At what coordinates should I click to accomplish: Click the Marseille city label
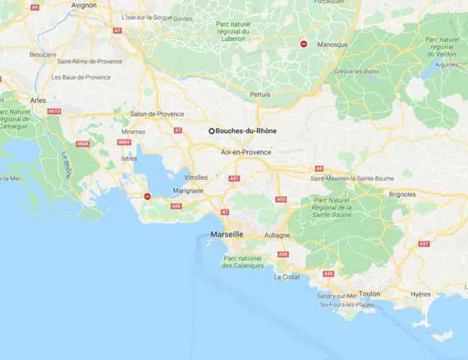tap(227, 234)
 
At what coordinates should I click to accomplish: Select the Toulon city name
tap(369, 293)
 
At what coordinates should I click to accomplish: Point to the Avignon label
tap(84, 5)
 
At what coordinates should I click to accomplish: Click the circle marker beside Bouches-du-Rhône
tap(211, 130)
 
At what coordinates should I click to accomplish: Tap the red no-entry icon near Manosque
tap(304, 44)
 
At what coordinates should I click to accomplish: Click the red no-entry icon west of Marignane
tap(147, 196)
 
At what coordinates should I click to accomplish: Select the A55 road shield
tap(176, 206)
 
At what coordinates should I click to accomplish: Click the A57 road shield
tap(424, 244)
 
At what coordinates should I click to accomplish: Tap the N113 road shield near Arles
tap(55, 111)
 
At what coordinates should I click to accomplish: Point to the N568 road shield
tap(82, 144)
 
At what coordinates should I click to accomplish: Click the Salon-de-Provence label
tap(158, 113)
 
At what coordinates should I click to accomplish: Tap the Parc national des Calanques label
tap(243, 261)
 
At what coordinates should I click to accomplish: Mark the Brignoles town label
tap(402, 194)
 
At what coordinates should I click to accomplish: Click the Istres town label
tap(129, 158)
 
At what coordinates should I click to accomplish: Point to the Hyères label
tap(420, 293)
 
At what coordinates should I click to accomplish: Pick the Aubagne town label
tap(277, 235)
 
